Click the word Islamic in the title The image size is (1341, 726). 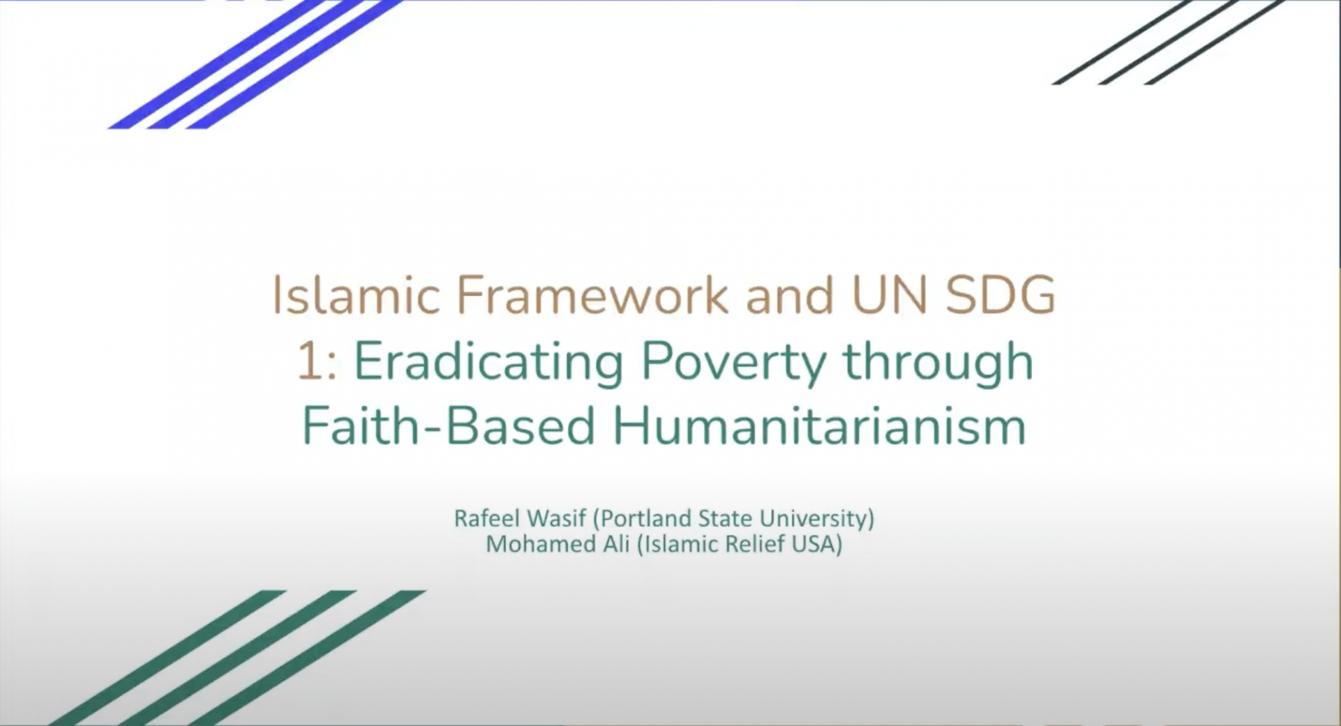tap(355, 294)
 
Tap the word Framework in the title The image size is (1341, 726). tap(593, 294)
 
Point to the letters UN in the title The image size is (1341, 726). tap(889, 294)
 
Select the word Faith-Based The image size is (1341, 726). tap(448, 425)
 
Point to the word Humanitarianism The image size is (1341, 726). tap(819, 425)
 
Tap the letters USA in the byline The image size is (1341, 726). tap(816, 544)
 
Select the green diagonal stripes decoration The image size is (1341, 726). tap(237, 658)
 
